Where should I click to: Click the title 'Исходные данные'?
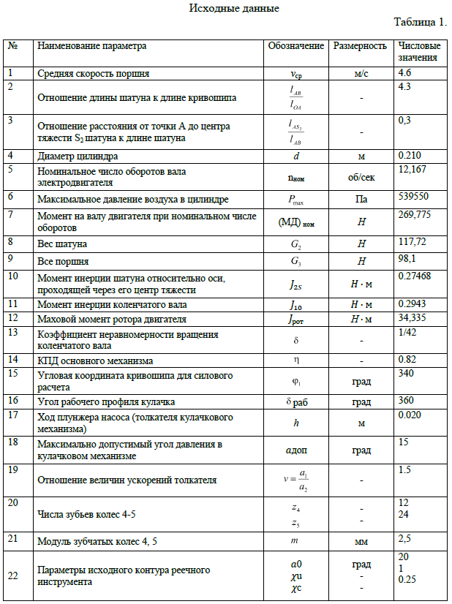click(x=233, y=9)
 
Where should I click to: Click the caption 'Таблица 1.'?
click(x=420, y=23)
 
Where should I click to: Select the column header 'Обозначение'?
click(x=295, y=46)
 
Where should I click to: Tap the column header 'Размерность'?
click(x=360, y=46)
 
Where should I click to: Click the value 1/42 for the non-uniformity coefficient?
click(x=407, y=331)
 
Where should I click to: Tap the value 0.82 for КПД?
click(x=407, y=358)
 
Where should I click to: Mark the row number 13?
click(x=12, y=332)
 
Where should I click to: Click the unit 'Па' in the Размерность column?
click(x=361, y=199)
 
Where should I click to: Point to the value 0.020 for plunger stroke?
click(x=409, y=415)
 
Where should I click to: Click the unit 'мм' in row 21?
click(x=361, y=543)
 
